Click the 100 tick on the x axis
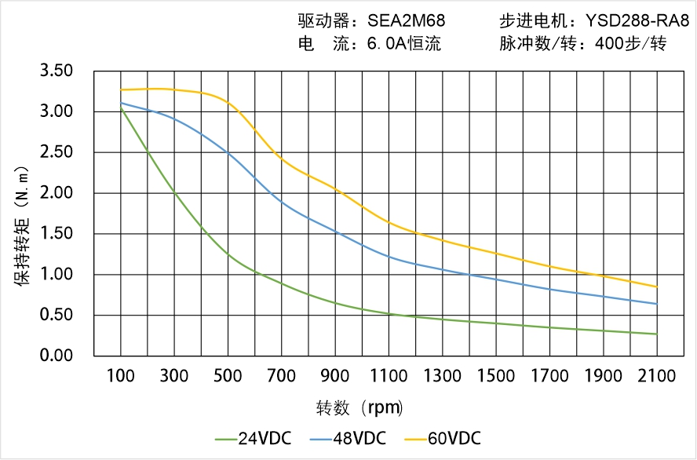[x=121, y=376]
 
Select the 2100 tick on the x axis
[x=657, y=376]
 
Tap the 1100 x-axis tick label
[x=389, y=376]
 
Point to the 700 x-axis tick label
[x=282, y=376]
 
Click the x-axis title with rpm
[x=359, y=408]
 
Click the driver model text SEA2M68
[x=406, y=21]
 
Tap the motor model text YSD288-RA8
[x=637, y=21]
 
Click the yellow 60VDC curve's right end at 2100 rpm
[x=657, y=287]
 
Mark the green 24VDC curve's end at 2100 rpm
[x=657, y=334]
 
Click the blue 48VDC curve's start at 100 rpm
[x=121, y=103]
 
